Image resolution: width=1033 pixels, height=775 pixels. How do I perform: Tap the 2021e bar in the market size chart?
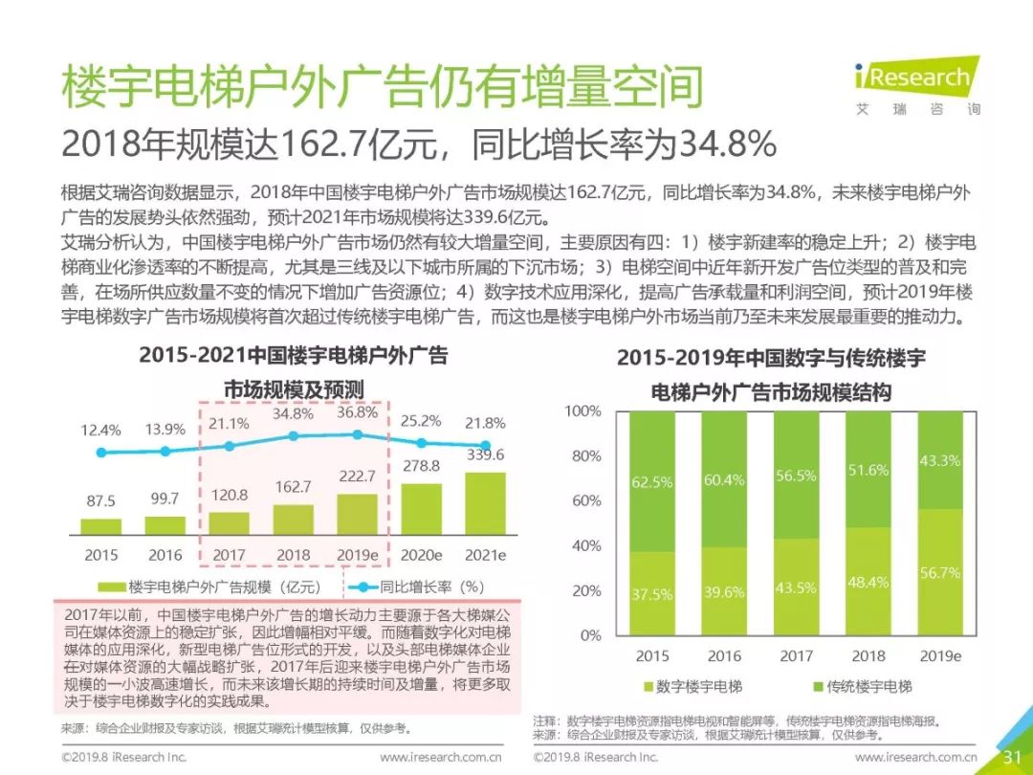[486, 502]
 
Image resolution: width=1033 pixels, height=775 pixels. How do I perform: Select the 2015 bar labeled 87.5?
[100, 525]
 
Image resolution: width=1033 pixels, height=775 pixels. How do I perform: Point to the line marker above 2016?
[165, 451]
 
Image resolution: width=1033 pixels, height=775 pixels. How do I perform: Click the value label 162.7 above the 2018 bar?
[293, 487]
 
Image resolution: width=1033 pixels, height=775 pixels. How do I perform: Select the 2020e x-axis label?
[421, 555]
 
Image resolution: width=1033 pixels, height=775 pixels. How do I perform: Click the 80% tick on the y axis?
[585, 456]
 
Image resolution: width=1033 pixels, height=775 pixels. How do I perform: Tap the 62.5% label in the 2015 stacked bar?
[651, 482]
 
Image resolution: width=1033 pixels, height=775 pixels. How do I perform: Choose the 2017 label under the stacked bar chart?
[796, 656]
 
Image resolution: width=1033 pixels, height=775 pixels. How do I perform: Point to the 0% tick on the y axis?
[590, 635]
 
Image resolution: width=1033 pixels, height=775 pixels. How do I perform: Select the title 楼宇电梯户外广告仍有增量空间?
[383, 88]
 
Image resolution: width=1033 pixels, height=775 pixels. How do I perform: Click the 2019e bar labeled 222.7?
[357, 513]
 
